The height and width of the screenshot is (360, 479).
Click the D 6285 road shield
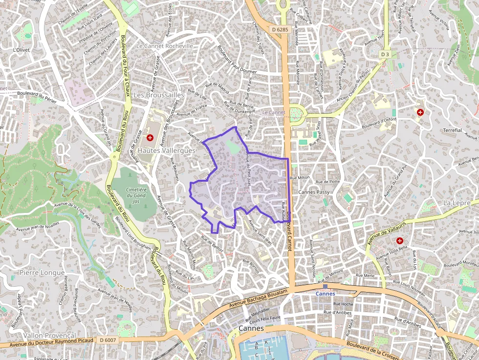[280, 29]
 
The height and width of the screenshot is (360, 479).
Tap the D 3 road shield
[385, 54]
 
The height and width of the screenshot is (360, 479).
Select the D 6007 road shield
[108, 339]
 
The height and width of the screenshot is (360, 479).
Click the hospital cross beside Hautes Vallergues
[150, 138]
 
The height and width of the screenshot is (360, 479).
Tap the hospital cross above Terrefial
[420, 112]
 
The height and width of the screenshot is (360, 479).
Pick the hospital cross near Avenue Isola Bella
[400, 241]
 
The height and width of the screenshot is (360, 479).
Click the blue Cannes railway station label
[326, 294]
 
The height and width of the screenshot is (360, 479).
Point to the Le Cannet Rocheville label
[165, 46]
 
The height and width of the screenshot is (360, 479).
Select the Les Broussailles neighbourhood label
[159, 95]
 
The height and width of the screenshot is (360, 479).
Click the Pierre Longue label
[42, 272]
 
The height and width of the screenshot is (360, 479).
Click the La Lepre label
[457, 203]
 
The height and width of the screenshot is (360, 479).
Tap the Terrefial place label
[453, 130]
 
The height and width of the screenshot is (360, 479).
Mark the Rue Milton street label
[300, 178]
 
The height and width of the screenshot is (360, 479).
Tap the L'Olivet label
[22, 50]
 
